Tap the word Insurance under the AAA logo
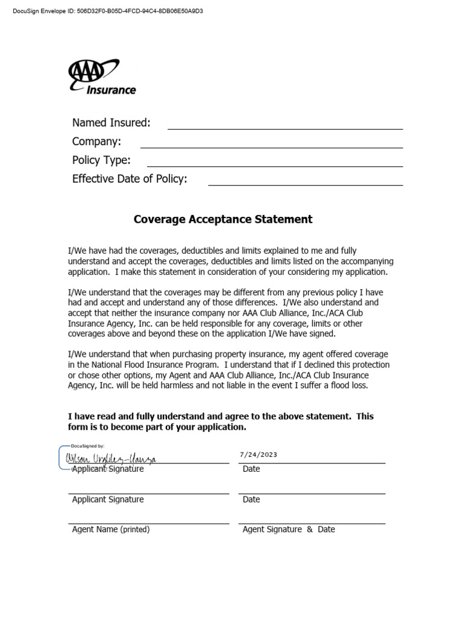click(112, 90)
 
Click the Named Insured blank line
click(285, 128)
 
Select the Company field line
click(271, 146)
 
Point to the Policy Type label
click(101, 160)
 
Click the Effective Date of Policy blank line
click(305, 184)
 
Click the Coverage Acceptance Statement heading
click(223, 219)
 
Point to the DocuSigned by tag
click(88, 446)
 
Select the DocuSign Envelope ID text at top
click(108, 11)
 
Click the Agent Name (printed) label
click(111, 530)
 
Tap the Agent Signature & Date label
click(288, 530)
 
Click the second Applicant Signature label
click(108, 500)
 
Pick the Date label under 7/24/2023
click(251, 469)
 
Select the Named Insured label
click(111, 123)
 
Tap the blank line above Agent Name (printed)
click(148, 522)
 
